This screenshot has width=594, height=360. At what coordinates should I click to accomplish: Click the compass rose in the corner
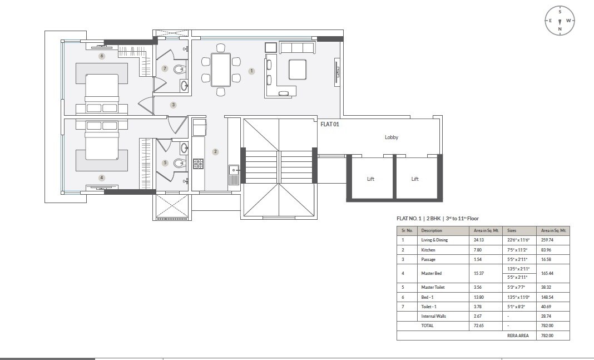click(560, 21)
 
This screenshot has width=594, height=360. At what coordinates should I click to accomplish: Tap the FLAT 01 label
click(330, 125)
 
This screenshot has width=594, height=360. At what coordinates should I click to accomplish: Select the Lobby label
click(392, 137)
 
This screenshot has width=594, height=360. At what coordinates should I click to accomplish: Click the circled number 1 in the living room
click(251, 71)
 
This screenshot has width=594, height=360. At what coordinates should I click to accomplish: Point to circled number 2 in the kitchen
click(215, 151)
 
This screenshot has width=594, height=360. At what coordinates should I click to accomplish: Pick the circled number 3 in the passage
click(174, 105)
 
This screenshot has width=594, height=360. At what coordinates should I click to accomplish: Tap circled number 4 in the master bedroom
click(101, 178)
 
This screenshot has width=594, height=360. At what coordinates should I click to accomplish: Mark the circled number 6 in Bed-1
click(101, 56)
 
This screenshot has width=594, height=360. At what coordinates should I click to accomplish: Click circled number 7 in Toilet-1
click(164, 68)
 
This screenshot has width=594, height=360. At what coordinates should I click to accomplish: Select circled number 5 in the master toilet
click(165, 163)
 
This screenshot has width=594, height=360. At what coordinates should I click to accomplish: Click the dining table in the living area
click(221, 70)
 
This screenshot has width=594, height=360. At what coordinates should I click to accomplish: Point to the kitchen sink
click(234, 175)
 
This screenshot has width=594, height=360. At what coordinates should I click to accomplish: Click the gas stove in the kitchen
click(198, 164)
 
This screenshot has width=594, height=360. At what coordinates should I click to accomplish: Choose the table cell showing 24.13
click(478, 240)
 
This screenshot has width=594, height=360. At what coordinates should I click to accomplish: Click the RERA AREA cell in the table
click(518, 336)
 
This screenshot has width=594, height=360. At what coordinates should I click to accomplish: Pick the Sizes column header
click(512, 230)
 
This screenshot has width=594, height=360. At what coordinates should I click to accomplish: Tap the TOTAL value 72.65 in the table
click(478, 326)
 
